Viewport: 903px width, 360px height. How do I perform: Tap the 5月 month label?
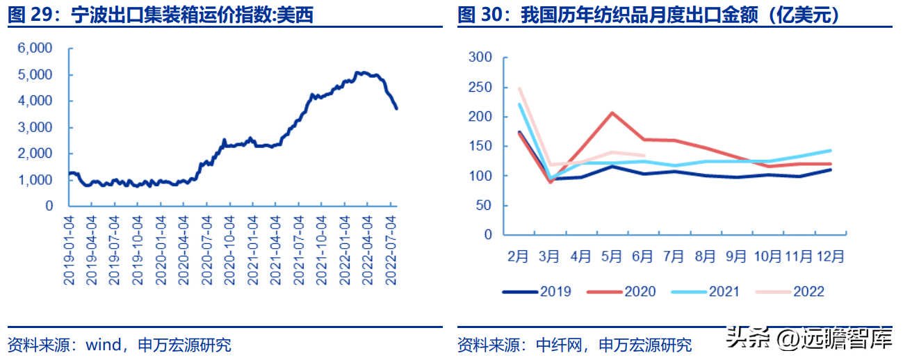pyautogui.click(x=611, y=256)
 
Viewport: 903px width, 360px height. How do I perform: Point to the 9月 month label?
pyautogui.click(x=735, y=256)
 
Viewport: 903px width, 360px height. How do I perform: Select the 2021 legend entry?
pyautogui.click(x=724, y=291)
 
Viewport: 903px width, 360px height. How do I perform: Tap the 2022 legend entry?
pyautogui.click(x=808, y=291)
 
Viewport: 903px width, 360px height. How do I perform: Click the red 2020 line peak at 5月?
pyautogui.click(x=612, y=113)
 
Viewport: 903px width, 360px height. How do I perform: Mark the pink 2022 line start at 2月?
pyautogui.click(x=519, y=88)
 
